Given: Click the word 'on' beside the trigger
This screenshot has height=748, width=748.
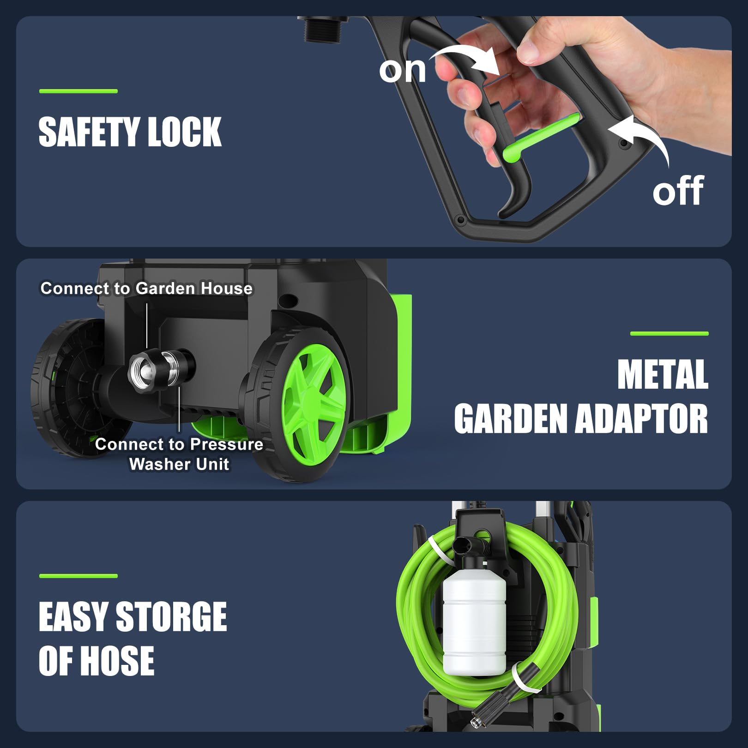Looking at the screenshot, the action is (403, 71).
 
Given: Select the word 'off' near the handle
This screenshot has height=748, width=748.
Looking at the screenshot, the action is (678, 190).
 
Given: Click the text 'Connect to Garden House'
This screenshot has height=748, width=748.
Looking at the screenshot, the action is (146, 288).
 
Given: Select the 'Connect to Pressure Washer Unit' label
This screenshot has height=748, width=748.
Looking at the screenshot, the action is (179, 454).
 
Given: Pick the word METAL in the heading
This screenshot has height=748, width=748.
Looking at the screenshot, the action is (663, 374).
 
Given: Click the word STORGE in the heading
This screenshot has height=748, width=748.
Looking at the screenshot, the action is (171, 616).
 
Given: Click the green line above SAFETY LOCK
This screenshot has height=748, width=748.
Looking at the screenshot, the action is (78, 91).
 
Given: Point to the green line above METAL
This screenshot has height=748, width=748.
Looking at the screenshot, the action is (670, 333).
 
